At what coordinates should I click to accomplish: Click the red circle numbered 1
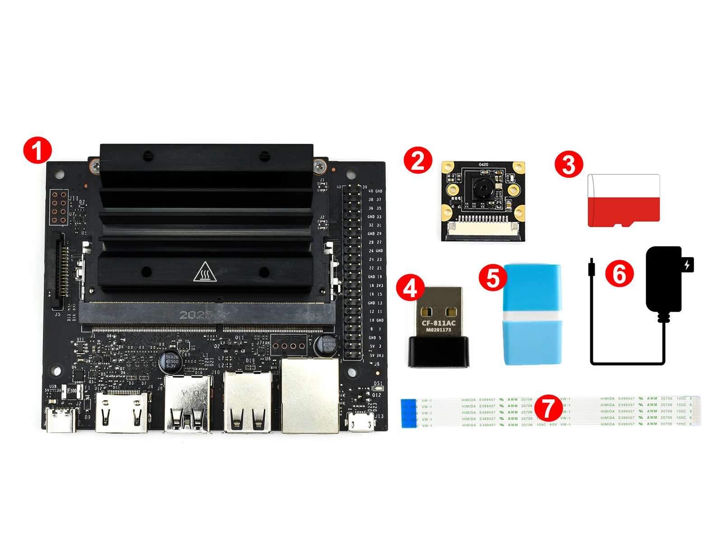click(38, 150)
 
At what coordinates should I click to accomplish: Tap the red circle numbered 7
click(549, 407)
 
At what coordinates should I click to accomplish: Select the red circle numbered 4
click(410, 287)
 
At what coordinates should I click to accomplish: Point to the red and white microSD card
click(624, 201)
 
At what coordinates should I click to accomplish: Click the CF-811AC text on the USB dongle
click(438, 323)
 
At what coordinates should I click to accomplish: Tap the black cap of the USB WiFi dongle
click(439, 352)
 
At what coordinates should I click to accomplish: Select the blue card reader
click(532, 315)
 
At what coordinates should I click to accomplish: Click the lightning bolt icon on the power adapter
click(687, 264)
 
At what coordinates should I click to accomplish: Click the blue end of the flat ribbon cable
click(408, 413)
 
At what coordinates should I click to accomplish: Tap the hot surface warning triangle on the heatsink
click(205, 272)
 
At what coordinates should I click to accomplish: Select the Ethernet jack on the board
click(310, 396)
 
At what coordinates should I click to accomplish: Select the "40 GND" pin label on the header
click(375, 191)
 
